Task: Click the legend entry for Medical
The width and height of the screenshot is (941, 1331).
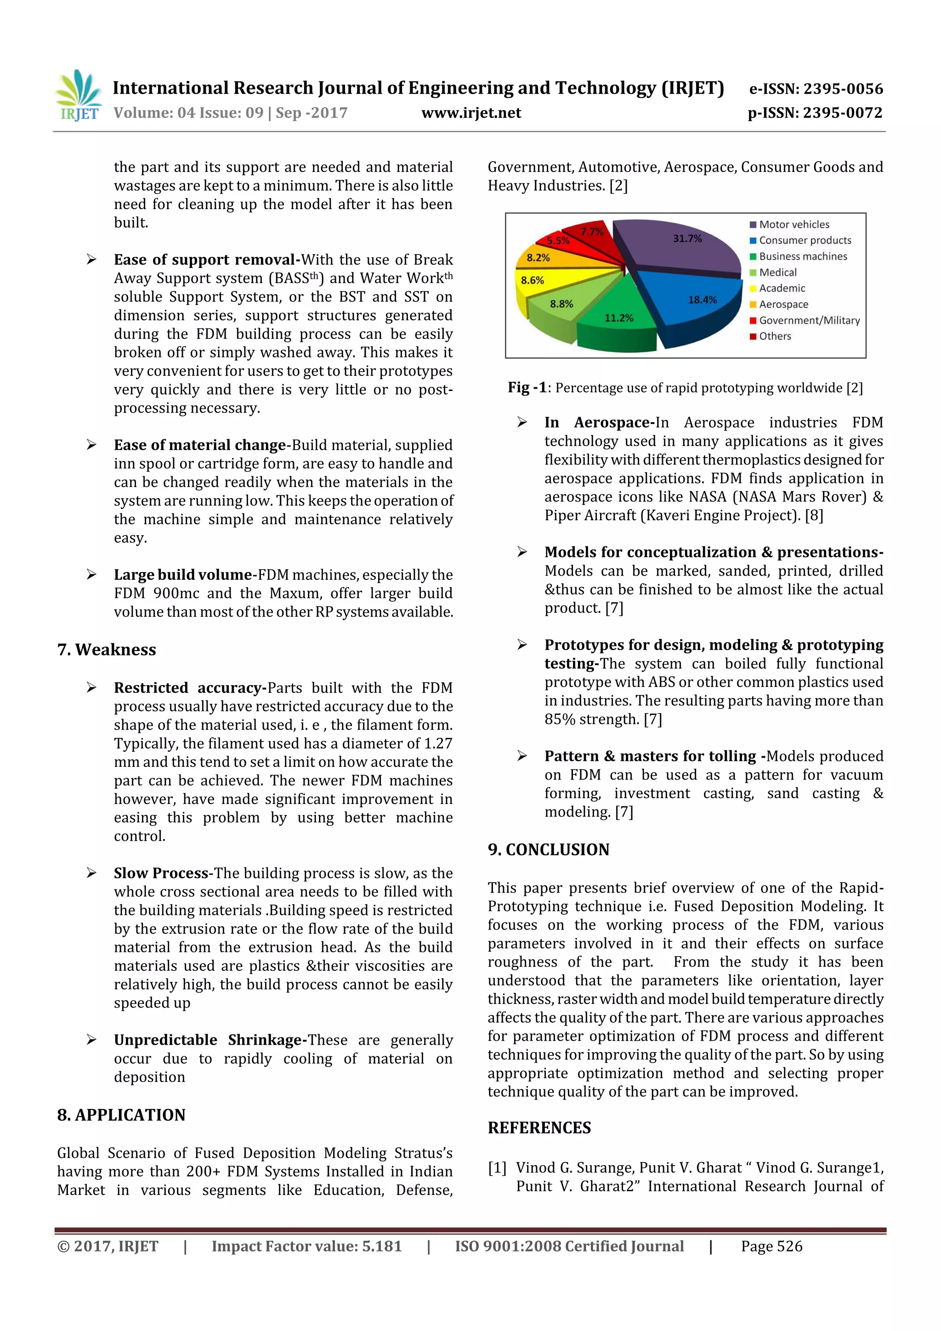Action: coord(777,272)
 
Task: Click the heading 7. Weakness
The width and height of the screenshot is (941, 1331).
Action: coord(107,650)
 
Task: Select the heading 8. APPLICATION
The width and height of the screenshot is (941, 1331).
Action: coord(121,1115)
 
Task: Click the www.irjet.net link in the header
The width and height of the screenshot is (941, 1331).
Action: coord(471,113)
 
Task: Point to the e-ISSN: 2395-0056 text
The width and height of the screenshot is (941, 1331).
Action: coord(815,89)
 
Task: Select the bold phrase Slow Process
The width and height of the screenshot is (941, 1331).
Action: coord(161,873)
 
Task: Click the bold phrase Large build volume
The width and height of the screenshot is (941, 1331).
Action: coord(182,575)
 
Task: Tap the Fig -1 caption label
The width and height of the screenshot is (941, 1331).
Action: coord(527,388)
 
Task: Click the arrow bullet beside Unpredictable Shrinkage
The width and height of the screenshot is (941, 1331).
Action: coord(91,1040)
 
